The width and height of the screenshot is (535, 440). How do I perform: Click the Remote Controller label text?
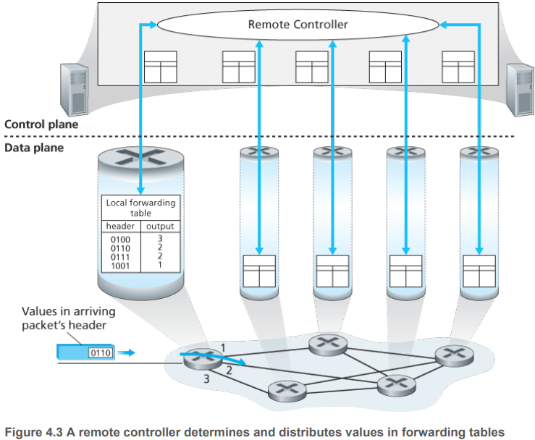tap(298, 25)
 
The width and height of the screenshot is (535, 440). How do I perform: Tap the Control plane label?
tap(41, 124)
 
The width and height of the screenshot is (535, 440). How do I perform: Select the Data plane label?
tap(34, 148)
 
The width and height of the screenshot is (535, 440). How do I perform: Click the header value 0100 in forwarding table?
tap(120, 240)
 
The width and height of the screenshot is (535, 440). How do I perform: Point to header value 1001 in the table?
tap(120, 266)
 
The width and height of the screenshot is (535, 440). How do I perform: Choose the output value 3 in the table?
tap(160, 238)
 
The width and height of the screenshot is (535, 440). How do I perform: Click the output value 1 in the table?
tap(160, 264)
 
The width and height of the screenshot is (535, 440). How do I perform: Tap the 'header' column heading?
tap(120, 226)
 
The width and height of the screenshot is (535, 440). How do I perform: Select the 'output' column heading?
tap(160, 227)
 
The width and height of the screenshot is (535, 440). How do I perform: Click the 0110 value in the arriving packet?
tap(101, 352)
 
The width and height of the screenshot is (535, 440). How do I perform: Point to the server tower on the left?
tap(75, 89)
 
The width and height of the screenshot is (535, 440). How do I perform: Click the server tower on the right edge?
tap(521, 90)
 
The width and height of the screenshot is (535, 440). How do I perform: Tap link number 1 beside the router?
tap(223, 348)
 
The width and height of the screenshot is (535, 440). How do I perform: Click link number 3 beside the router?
tap(206, 378)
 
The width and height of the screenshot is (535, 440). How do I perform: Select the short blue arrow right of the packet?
tap(127, 352)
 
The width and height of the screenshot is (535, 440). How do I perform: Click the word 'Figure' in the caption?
tap(24, 432)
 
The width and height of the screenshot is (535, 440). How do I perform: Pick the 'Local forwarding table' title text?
tap(140, 208)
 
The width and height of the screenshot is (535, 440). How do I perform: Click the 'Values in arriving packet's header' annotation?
tap(69, 318)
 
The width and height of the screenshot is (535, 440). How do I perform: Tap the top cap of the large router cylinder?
tap(141, 157)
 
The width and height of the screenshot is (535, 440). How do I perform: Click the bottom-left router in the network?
tap(287, 391)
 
